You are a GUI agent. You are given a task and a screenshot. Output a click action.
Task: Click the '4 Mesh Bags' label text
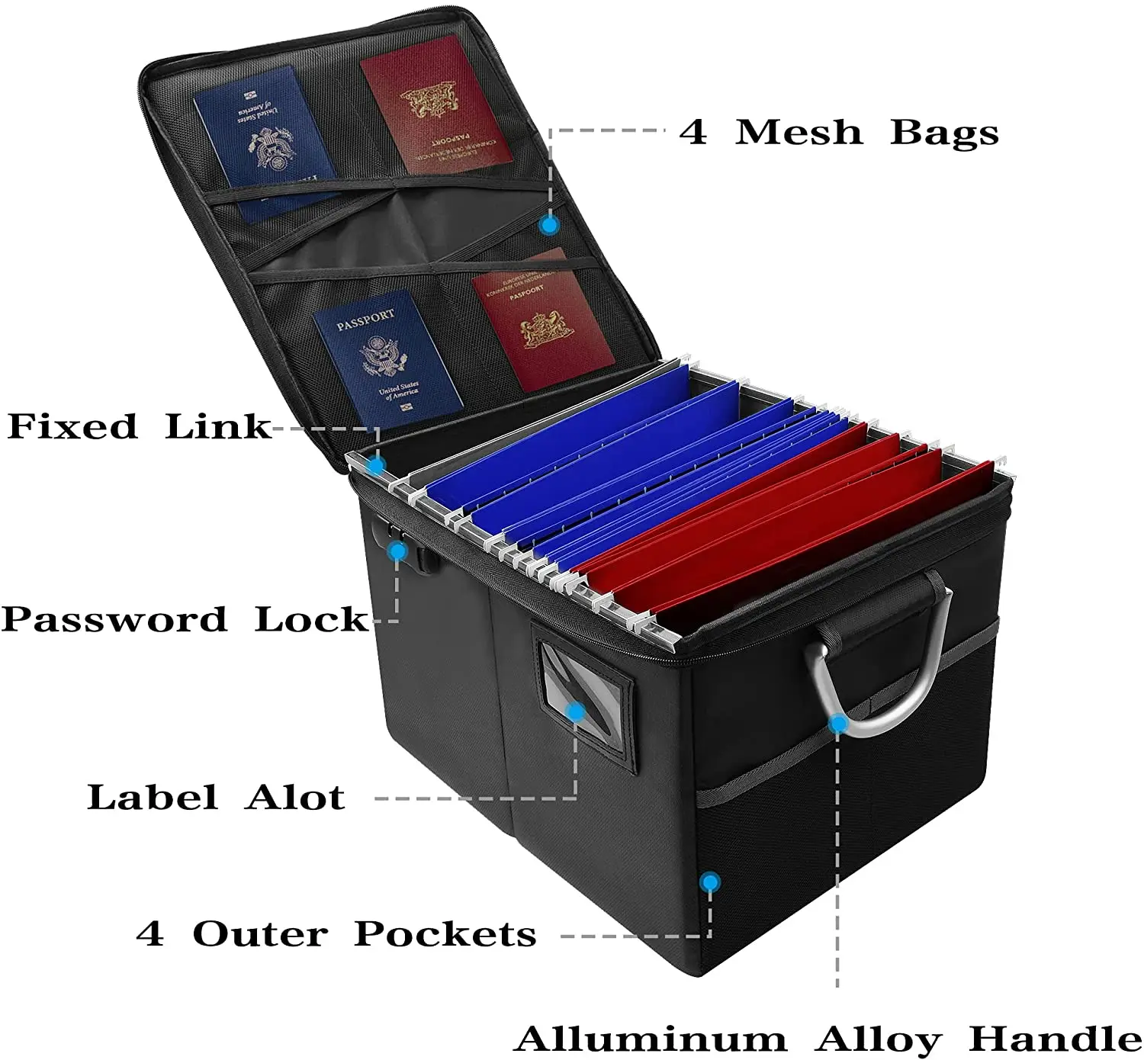839,132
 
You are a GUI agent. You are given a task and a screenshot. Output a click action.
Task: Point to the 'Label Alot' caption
217,798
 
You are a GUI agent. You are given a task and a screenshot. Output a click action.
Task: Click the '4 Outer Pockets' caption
336,934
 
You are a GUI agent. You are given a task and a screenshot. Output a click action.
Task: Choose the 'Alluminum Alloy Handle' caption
828,1039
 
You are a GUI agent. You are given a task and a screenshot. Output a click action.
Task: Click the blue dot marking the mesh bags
548,225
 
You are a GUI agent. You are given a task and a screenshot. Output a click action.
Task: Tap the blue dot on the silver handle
837,723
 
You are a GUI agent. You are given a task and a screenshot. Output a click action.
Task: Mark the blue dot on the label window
577,712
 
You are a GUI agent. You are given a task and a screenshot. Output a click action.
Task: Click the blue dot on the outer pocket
710,882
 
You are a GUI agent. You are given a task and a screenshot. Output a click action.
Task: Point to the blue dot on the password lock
397,551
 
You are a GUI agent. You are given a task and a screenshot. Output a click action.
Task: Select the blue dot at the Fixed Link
376,464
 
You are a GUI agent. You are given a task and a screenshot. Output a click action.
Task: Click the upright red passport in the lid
543,320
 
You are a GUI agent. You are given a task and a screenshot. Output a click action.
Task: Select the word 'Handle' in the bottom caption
1056,1039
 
